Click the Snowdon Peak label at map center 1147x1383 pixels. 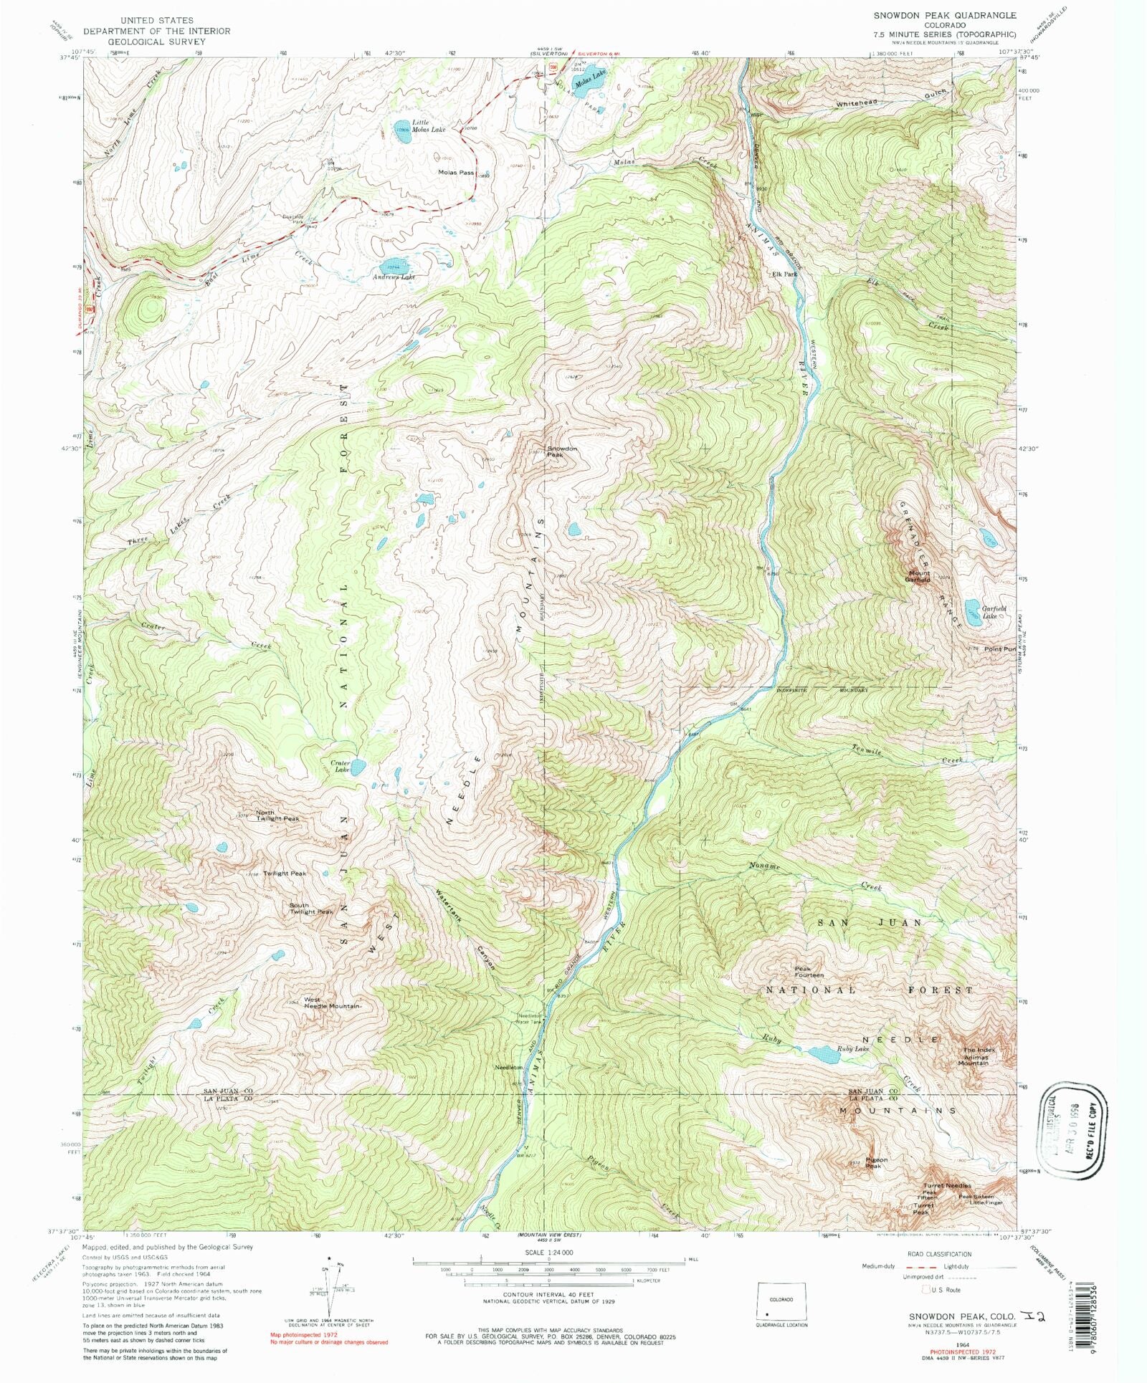pos(562,452)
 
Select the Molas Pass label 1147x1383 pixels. pos(457,173)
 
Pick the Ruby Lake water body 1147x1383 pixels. pos(817,1053)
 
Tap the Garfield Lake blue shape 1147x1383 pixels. pos(972,612)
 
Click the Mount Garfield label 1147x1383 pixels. pos(919,576)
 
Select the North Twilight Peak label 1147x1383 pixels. pos(277,815)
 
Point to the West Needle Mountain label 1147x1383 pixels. pos(333,1002)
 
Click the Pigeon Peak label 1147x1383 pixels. pos(876,1163)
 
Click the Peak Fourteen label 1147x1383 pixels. pos(809,972)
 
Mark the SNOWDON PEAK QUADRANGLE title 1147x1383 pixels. pos(944,15)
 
